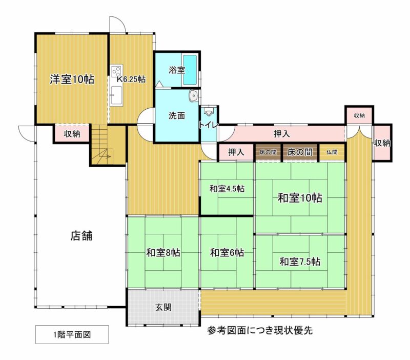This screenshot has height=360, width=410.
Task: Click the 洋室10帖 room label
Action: [x=72, y=79]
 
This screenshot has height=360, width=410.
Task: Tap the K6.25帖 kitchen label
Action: [x=131, y=79]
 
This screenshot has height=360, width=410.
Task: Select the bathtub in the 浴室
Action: [x=190, y=70]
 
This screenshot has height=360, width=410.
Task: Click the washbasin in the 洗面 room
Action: [x=194, y=96]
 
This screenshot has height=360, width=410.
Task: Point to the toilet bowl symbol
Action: [x=209, y=112]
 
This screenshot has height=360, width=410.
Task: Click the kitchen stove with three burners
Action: [x=117, y=71]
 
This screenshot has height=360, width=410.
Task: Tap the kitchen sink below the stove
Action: [x=116, y=95]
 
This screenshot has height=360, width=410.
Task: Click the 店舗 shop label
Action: [x=81, y=236]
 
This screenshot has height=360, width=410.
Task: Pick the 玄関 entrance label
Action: [x=163, y=307]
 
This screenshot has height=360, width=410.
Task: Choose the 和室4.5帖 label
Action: [x=227, y=189]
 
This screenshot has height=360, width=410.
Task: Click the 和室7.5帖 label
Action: [x=300, y=262]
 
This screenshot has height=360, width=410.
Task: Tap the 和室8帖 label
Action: [x=163, y=253]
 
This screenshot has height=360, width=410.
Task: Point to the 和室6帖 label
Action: [x=227, y=253]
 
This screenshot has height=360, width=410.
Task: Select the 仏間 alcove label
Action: [x=332, y=152]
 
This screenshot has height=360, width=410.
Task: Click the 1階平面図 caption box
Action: [x=72, y=334]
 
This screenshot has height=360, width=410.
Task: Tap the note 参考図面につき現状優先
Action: [x=260, y=330]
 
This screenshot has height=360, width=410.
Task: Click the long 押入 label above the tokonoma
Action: [x=281, y=134]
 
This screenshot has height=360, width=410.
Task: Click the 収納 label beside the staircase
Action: [x=72, y=134]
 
